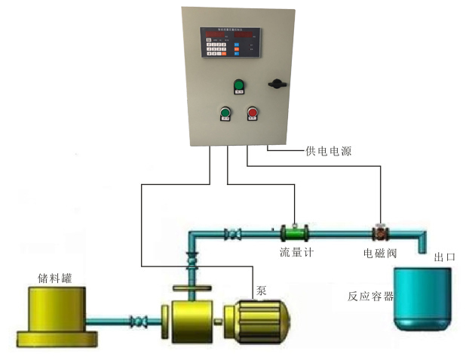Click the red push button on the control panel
(252, 114)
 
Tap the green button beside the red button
(225, 113)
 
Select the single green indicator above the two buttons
(239, 85)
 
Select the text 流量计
(296, 252)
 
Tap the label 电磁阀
(380, 252)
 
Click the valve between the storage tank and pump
(140, 322)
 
